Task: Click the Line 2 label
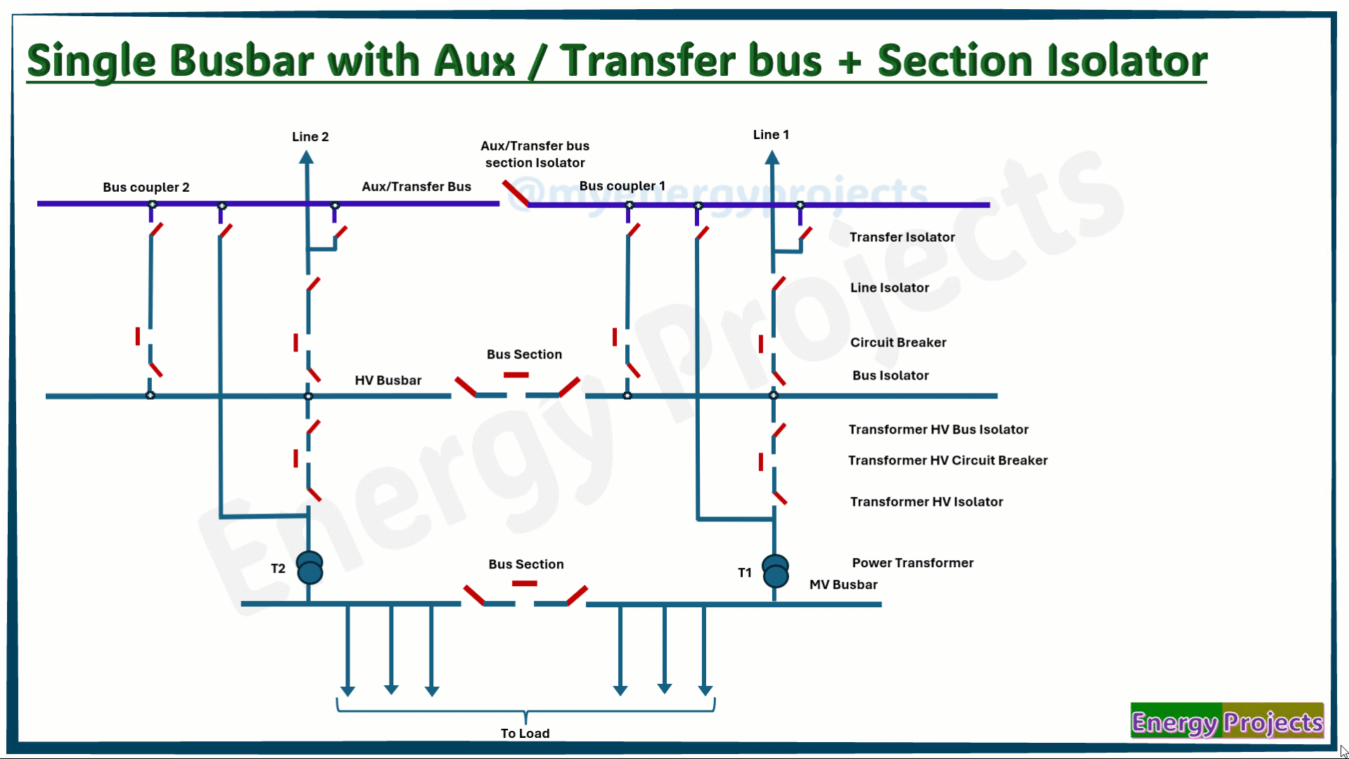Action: (310, 136)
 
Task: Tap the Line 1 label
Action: (771, 134)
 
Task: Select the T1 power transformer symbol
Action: (775, 571)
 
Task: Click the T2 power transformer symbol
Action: (309, 568)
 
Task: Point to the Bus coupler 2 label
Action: (146, 187)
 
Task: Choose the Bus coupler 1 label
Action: (622, 186)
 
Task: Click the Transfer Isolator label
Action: (902, 237)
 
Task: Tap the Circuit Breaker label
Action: (898, 342)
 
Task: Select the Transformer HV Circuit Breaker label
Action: (948, 460)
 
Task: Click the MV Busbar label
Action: (843, 585)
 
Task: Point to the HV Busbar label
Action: (388, 380)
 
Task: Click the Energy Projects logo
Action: (1227, 720)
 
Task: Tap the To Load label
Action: (525, 733)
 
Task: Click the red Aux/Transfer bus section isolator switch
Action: (516, 193)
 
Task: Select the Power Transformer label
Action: (913, 563)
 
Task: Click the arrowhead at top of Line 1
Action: (772, 158)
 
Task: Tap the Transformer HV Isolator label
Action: (926, 502)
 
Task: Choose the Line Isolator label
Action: (890, 287)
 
